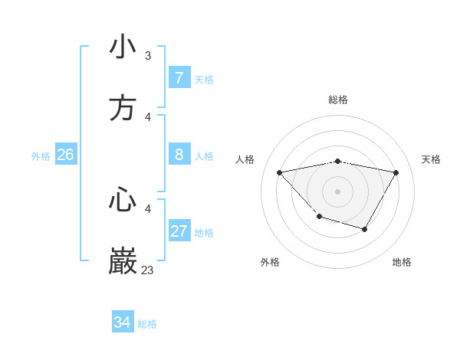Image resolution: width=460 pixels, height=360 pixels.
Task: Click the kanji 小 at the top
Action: click(123, 47)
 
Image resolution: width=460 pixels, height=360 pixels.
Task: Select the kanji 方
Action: click(123, 108)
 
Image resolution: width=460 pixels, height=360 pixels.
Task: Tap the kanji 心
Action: click(123, 201)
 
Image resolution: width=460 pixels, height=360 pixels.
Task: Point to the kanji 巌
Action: click(123, 261)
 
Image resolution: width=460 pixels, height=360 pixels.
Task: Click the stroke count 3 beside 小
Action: click(148, 56)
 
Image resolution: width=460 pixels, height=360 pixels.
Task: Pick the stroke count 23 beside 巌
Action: click(148, 270)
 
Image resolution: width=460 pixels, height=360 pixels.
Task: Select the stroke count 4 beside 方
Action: click(148, 117)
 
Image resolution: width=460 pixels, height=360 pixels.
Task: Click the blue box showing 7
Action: click(179, 78)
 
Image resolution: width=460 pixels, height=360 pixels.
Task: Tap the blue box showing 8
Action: click(179, 155)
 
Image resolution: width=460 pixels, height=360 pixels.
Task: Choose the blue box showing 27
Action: click(179, 231)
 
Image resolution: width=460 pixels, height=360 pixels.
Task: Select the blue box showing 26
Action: click(65, 155)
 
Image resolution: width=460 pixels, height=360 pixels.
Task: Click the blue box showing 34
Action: click(122, 323)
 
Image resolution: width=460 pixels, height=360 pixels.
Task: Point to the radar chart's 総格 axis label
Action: click(338, 100)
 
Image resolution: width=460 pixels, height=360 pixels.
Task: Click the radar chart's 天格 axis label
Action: click(432, 159)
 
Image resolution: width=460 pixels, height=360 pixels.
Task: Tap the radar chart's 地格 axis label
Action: click(402, 262)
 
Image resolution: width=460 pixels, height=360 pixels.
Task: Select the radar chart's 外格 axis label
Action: click(270, 262)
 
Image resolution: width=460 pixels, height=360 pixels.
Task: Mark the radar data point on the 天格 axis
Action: click(396, 173)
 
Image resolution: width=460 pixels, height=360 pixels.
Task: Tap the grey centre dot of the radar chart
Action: click(338, 191)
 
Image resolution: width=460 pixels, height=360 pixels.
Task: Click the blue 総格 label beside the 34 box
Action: click(147, 324)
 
